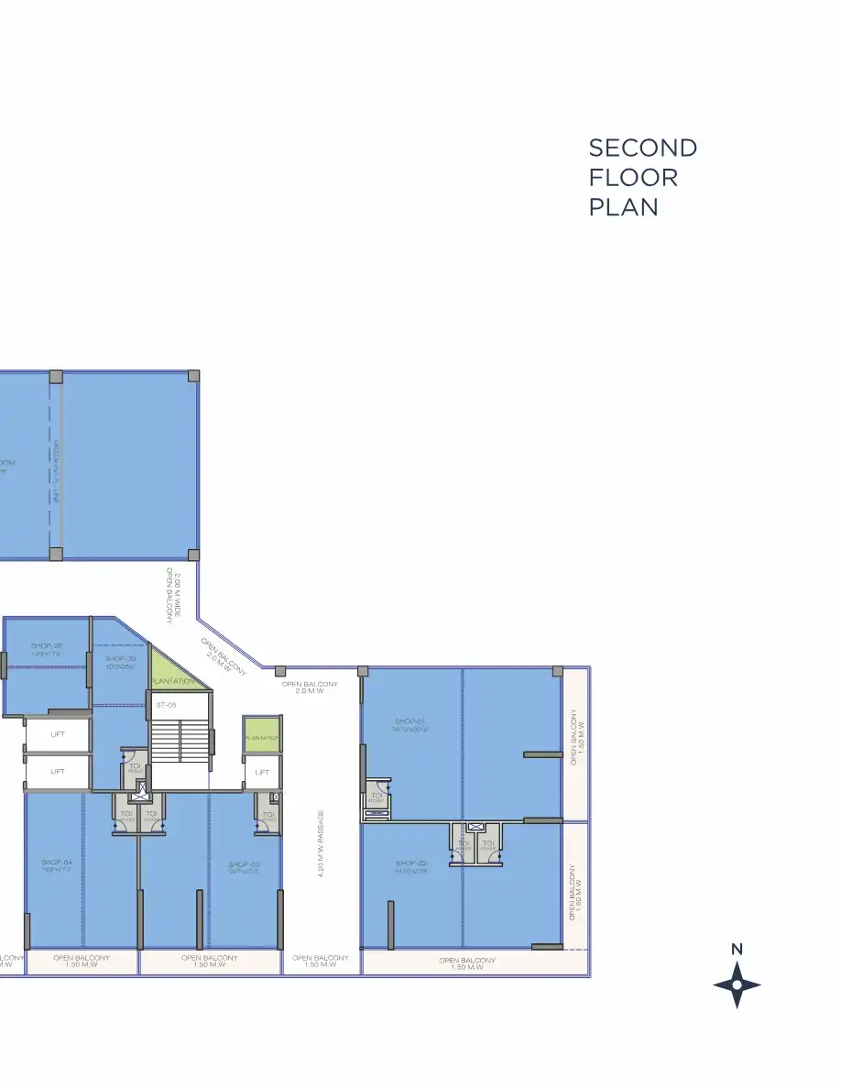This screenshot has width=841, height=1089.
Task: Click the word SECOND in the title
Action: coord(642,148)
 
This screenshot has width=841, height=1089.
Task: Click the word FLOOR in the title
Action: coord(633,177)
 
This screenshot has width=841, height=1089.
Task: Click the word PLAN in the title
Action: coord(623,206)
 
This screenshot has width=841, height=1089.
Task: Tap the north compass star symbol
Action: coord(737,985)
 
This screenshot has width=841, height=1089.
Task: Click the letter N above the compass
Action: coord(737,950)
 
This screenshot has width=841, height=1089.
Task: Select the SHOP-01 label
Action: coord(411,722)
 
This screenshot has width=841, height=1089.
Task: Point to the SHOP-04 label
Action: coord(56,863)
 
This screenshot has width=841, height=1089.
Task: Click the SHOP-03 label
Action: coord(245,863)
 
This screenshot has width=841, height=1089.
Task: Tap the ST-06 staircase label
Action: coord(166,705)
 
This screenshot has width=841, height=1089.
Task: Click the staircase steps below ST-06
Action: coord(180,739)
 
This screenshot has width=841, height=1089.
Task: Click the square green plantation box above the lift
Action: coord(261,736)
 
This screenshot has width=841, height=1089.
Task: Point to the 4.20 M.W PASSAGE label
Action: coord(322,842)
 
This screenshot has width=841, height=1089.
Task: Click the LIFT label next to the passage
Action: coord(262,772)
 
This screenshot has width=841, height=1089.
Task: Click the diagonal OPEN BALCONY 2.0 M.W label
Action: coord(223,657)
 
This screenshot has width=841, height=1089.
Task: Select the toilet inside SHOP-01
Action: coord(377,797)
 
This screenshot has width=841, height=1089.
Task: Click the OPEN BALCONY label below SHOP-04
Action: coord(81,961)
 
